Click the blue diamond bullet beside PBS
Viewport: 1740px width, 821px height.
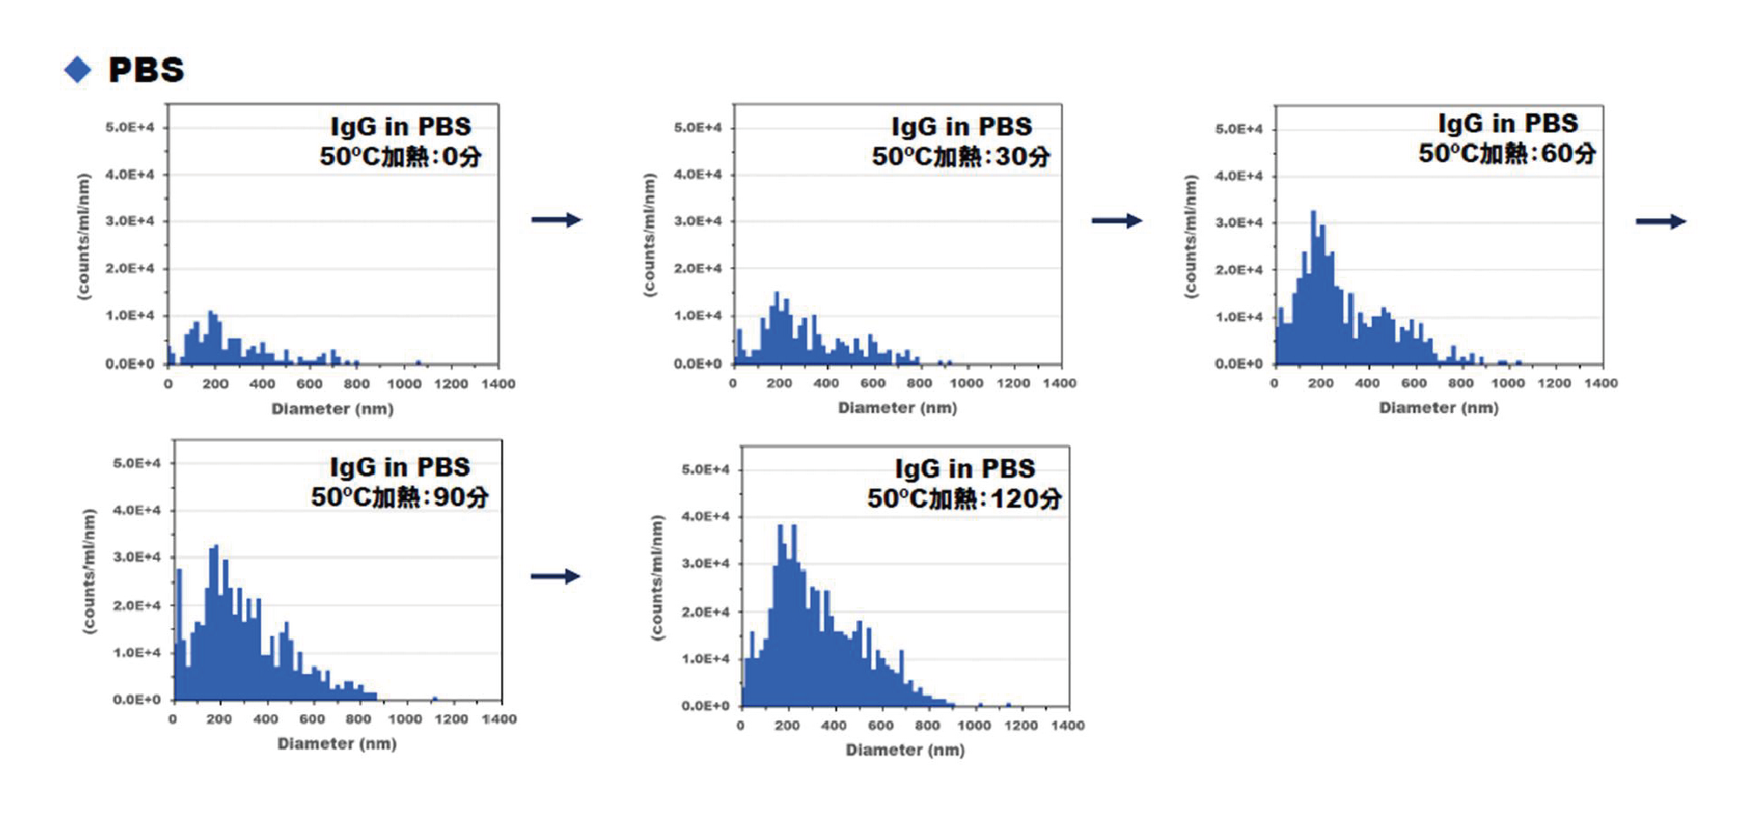click(77, 70)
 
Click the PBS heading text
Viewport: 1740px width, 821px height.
click(146, 70)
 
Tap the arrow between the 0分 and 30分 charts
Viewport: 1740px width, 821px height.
click(556, 220)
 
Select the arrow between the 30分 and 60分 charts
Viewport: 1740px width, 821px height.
click(1116, 221)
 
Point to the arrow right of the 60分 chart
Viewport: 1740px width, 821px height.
click(1660, 222)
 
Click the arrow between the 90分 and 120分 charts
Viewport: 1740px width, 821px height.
click(555, 576)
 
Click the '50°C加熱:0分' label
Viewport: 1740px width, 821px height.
click(400, 157)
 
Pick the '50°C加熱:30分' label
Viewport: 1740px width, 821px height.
click(960, 157)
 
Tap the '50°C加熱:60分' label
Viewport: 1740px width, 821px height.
click(1507, 154)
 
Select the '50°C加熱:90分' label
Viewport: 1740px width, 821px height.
click(399, 497)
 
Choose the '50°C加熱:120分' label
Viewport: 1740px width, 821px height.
click(964, 498)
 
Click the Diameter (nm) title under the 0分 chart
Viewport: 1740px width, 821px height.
click(332, 409)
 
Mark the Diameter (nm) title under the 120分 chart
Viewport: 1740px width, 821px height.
click(905, 750)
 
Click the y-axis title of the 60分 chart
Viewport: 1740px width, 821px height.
click(1191, 237)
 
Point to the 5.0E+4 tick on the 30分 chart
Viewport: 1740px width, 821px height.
click(698, 128)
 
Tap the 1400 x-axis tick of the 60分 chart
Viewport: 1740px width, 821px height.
click(1601, 383)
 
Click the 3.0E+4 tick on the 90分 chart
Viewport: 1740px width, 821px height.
click(137, 557)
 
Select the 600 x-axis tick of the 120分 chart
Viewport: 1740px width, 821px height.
click(880, 725)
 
